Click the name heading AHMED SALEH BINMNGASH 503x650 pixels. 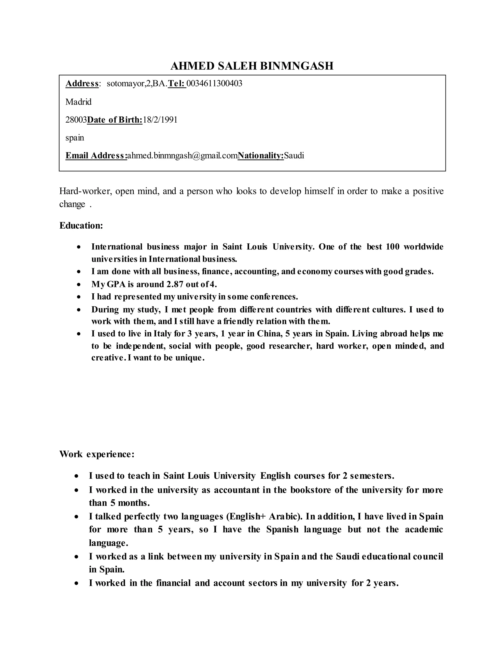pos(252,66)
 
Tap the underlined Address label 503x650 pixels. pos(82,83)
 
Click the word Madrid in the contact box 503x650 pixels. pos(78,102)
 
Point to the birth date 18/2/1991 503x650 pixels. pos(160,120)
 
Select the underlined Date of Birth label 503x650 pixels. pos(115,120)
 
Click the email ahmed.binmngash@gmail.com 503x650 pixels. pos(182,155)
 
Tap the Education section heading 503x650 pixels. pos(81,225)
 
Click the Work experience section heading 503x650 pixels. pos(97,454)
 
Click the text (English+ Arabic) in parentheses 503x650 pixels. pos(264,516)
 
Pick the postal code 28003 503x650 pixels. pos(76,120)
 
